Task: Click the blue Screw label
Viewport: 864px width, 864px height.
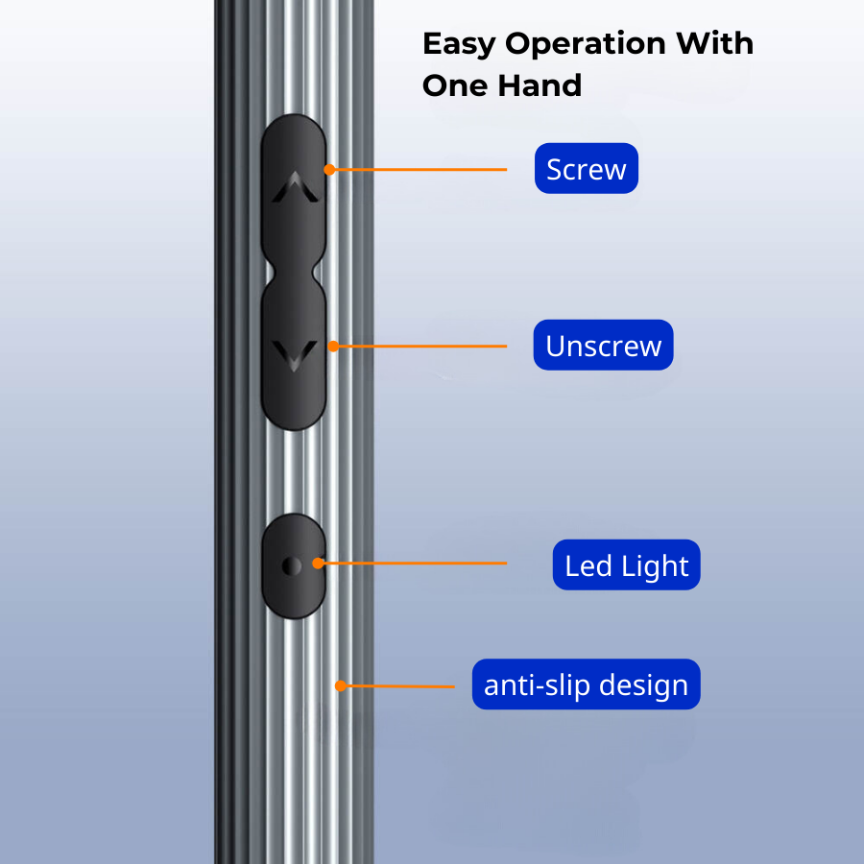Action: pos(586,169)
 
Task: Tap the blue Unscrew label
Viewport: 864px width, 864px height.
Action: pos(603,346)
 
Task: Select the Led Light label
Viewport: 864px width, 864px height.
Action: pos(626,565)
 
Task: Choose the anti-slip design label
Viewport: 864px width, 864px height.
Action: pos(586,685)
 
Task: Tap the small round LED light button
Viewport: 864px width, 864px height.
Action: pos(293,566)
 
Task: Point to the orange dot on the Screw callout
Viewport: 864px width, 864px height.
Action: pos(329,169)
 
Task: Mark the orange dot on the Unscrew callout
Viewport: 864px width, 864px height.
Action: pos(333,346)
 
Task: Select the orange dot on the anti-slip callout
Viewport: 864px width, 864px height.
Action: pos(340,685)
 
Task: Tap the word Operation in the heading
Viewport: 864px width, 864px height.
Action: pos(587,44)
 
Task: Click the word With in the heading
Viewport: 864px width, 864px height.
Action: pos(714,44)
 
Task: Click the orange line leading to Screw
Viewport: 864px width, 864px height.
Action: pos(422,170)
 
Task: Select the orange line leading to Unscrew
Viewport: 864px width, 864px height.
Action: pos(422,346)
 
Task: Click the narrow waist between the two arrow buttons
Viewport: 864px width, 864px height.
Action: pos(293,272)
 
